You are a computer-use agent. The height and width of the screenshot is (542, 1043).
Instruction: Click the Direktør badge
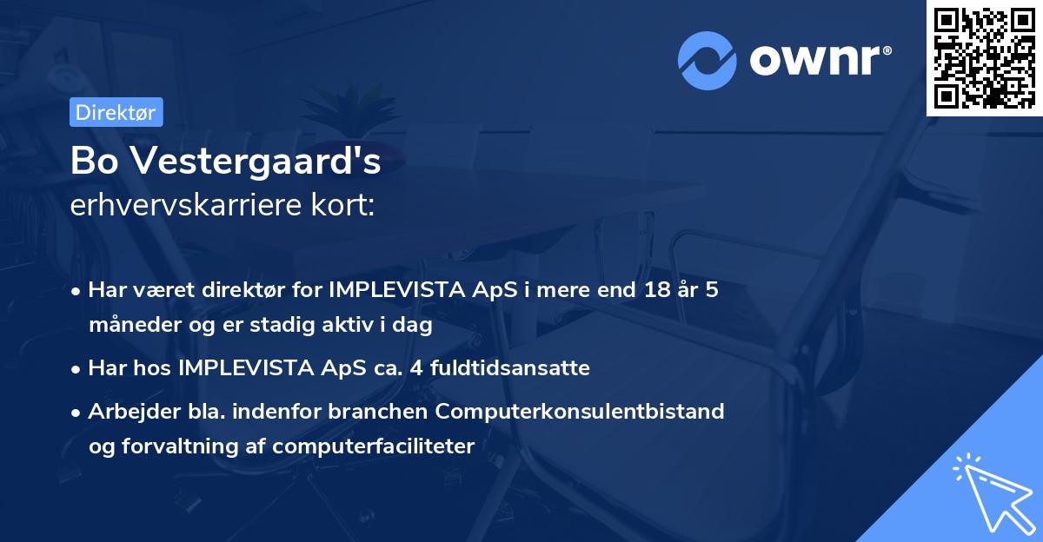tap(116, 112)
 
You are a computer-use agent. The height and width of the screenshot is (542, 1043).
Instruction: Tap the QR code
tap(983, 57)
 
